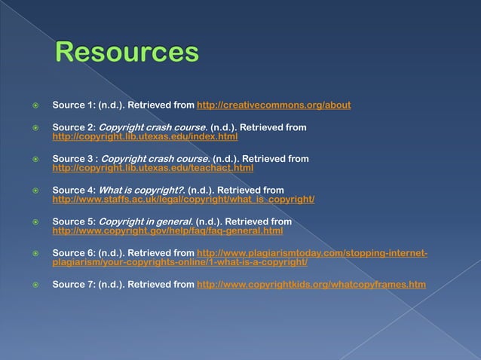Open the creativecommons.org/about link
click(x=274, y=105)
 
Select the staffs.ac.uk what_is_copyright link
click(x=182, y=200)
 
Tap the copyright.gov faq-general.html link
click(x=167, y=231)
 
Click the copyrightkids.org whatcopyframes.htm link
click(x=311, y=285)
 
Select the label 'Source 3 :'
click(x=73, y=159)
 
